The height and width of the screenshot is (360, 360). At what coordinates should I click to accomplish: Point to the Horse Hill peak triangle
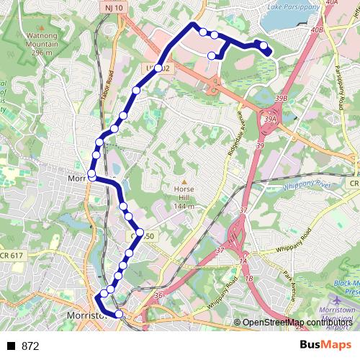click(184, 182)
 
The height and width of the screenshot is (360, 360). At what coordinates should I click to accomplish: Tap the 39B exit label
click(281, 98)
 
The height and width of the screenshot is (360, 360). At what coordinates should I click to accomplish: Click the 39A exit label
click(271, 120)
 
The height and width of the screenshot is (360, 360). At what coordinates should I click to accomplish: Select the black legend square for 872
click(11, 346)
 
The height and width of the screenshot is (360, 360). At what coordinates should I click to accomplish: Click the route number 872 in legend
click(30, 346)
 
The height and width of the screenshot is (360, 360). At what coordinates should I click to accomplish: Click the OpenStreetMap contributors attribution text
click(297, 323)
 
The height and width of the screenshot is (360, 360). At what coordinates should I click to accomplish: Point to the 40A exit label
click(331, 4)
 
